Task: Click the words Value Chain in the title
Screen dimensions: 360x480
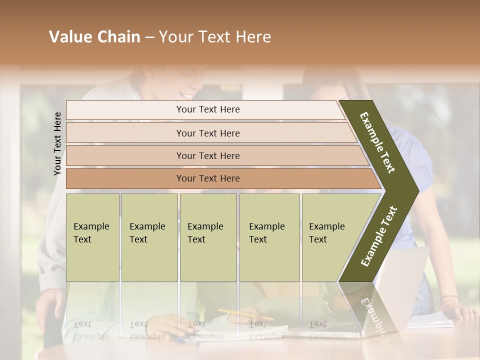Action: click(x=94, y=37)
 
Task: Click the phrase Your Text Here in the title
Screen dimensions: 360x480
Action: click(x=215, y=37)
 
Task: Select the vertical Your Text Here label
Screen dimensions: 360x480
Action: click(x=57, y=143)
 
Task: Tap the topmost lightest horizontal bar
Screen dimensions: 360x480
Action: click(x=207, y=109)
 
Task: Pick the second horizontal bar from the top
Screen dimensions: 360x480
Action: click(x=207, y=133)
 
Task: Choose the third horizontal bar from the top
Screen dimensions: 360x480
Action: click(x=207, y=155)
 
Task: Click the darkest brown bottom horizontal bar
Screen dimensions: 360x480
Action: click(x=207, y=178)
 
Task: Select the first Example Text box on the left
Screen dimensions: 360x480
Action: click(x=92, y=237)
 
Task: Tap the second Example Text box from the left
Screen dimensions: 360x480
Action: click(x=149, y=237)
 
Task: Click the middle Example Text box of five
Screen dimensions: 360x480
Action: click(x=207, y=237)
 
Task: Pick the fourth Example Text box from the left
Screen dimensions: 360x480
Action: click(x=269, y=237)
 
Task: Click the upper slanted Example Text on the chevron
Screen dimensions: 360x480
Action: click(x=378, y=142)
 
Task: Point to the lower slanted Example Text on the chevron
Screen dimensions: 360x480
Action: click(x=379, y=236)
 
